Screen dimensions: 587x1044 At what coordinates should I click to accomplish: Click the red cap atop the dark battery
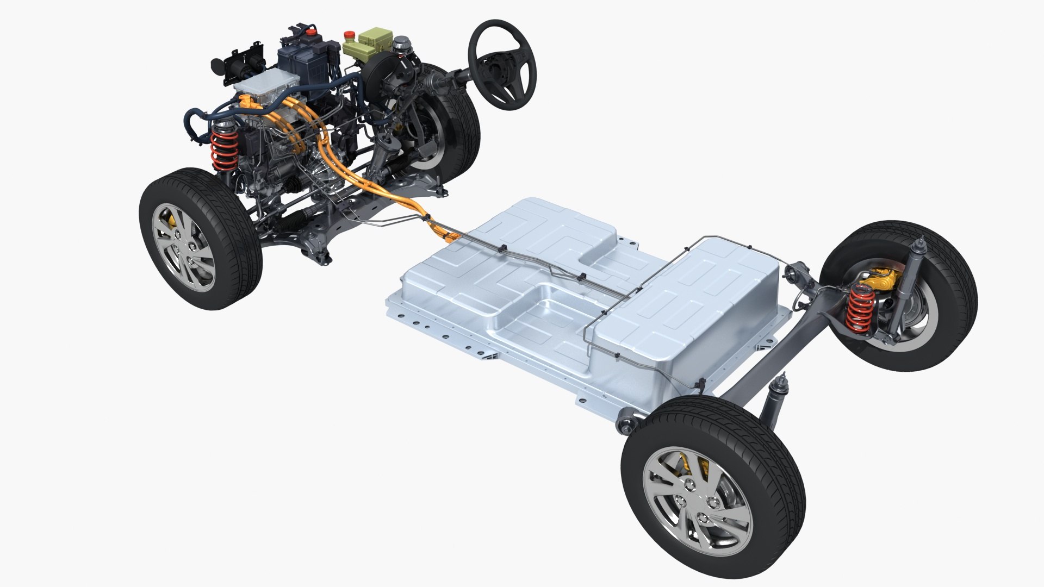tap(310, 33)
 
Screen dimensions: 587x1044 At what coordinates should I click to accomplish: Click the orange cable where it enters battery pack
tap(443, 234)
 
